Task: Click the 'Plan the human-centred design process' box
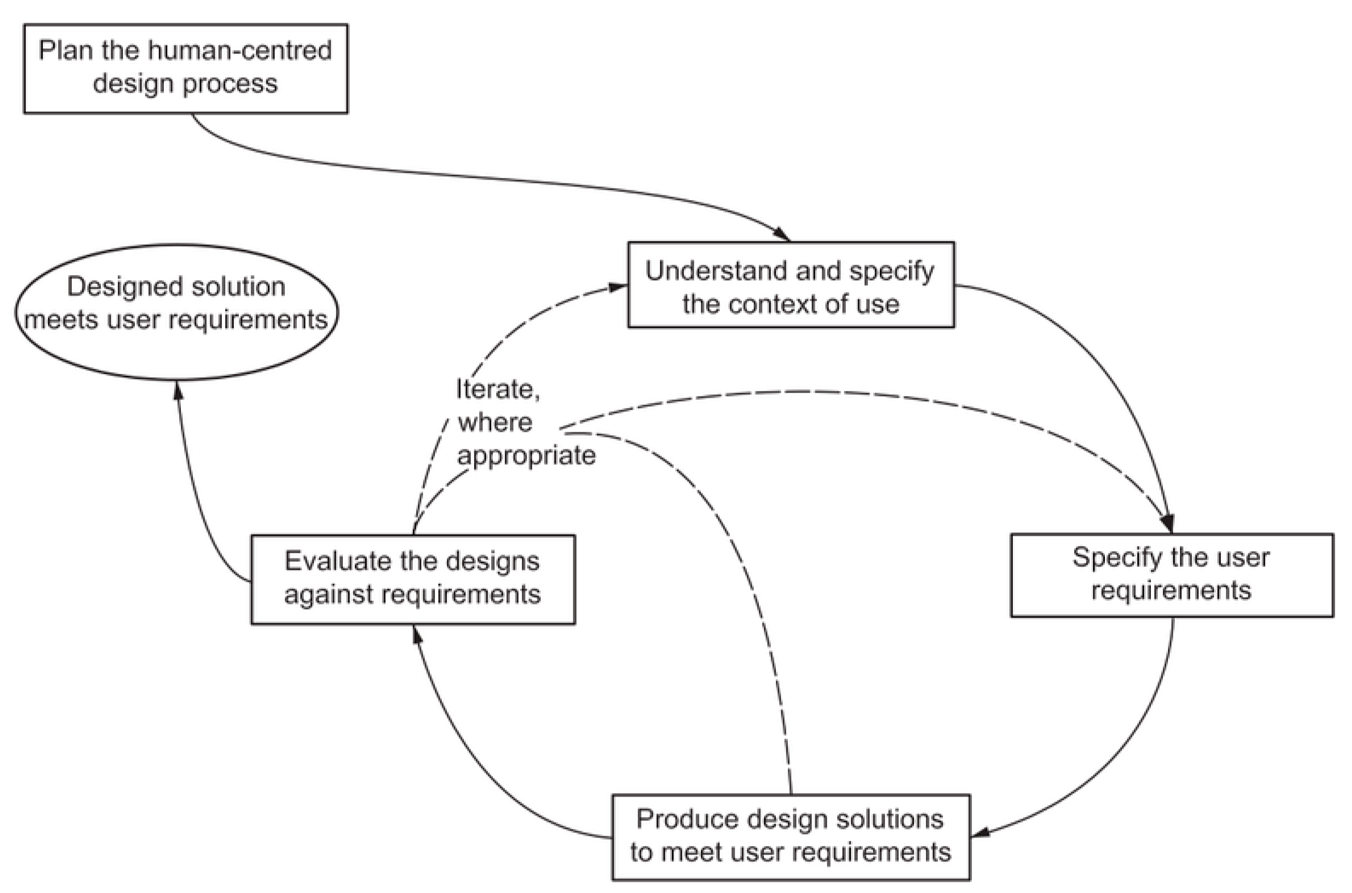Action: (185, 68)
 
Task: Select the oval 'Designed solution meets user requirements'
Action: (176, 313)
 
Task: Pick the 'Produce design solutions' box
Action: (790, 836)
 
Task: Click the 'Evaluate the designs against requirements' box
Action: (413, 579)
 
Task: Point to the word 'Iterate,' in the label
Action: (498, 389)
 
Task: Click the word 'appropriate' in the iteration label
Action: (526, 455)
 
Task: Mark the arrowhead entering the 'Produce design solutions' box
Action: (981, 833)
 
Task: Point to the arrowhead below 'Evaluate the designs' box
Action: (417, 634)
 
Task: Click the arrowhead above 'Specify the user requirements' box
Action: (1167, 523)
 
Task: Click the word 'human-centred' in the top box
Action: (240, 50)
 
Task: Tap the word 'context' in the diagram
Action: (773, 304)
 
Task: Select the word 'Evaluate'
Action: (338, 561)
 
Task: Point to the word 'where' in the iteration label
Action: (495, 422)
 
